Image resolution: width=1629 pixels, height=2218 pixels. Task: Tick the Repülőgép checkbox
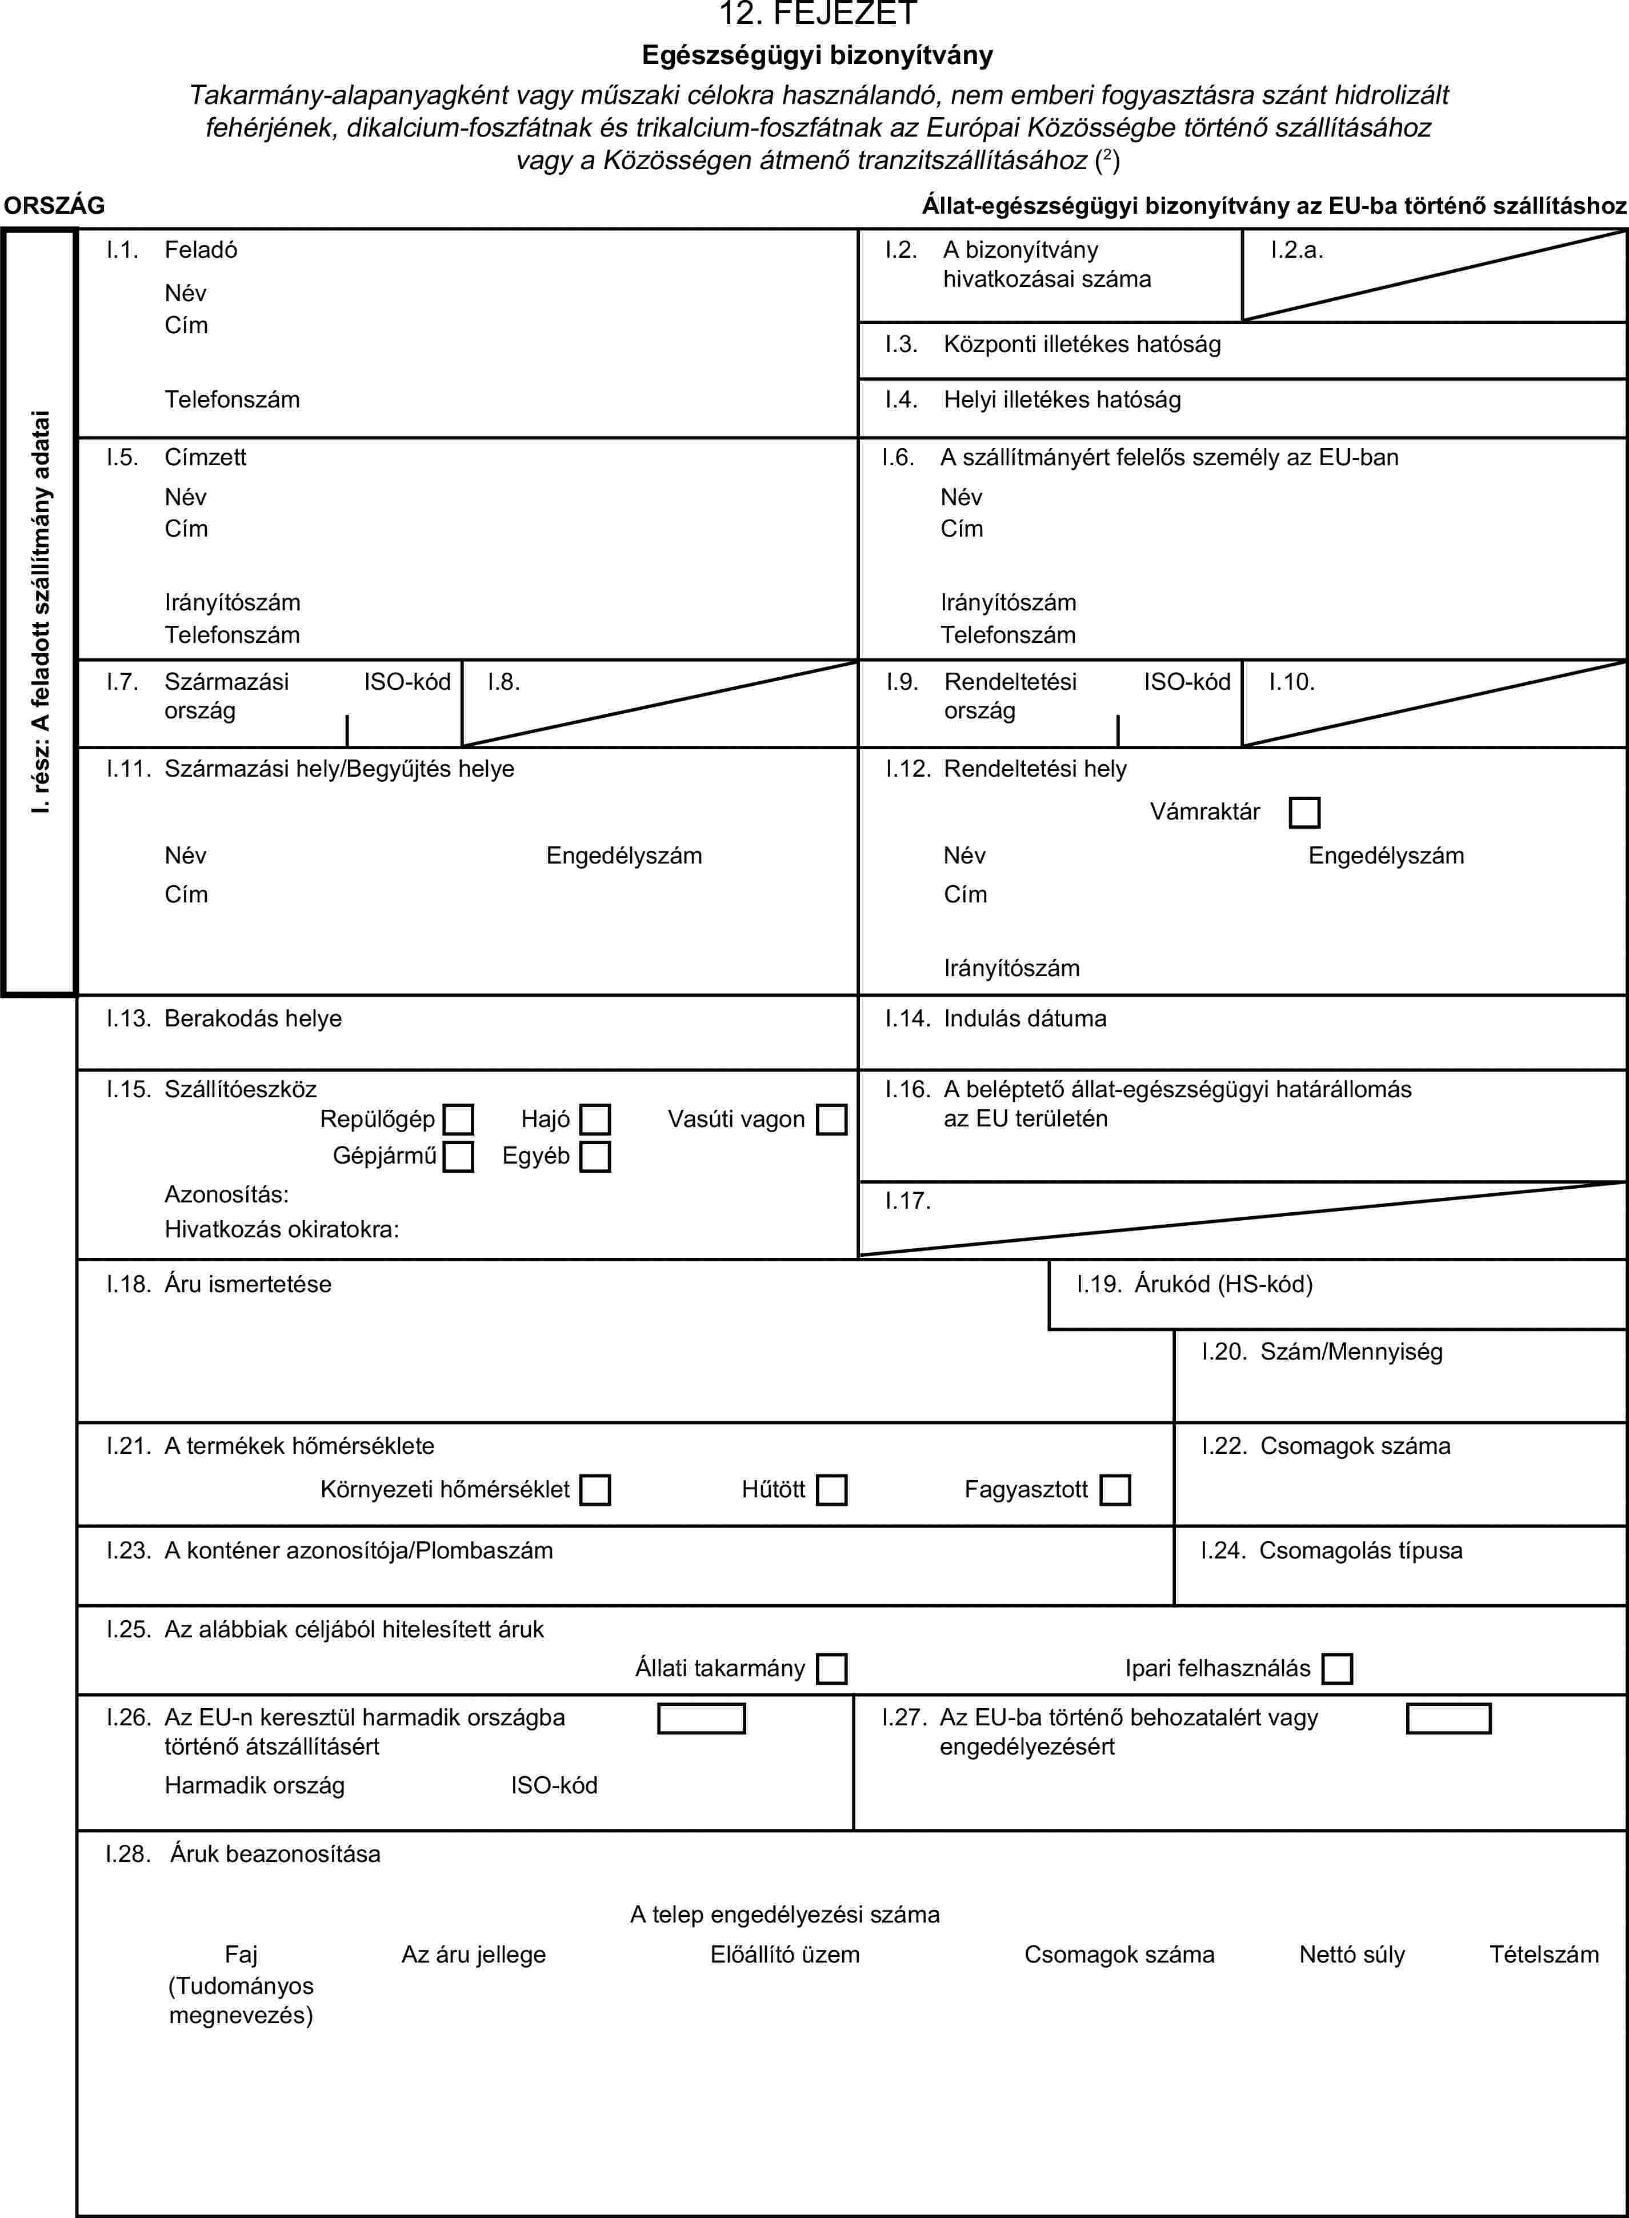coord(458,1120)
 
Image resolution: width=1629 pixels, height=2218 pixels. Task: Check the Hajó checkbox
coord(595,1120)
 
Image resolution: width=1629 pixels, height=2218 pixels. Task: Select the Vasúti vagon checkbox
coord(831,1120)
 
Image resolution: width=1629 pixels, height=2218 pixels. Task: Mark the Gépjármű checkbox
coord(458,1156)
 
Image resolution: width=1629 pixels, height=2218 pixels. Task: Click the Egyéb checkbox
coord(595,1156)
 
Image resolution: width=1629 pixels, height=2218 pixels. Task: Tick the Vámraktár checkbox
coord(1303,813)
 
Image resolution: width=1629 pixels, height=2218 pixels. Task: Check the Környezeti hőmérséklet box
coord(595,1489)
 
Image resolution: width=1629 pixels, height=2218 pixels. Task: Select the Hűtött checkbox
coord(831,1489)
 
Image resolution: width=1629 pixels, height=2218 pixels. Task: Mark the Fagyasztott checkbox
coord(1115,1489)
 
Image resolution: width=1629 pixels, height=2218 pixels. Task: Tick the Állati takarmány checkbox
coord(831,1669)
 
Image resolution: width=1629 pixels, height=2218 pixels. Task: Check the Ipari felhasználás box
coord(1337,1669)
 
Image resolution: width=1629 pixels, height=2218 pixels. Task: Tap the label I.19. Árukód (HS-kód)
coord(1194,1284)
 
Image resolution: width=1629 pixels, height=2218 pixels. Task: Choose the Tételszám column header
coord(1543,1955)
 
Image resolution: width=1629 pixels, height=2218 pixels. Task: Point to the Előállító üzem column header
coord(785,1955)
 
